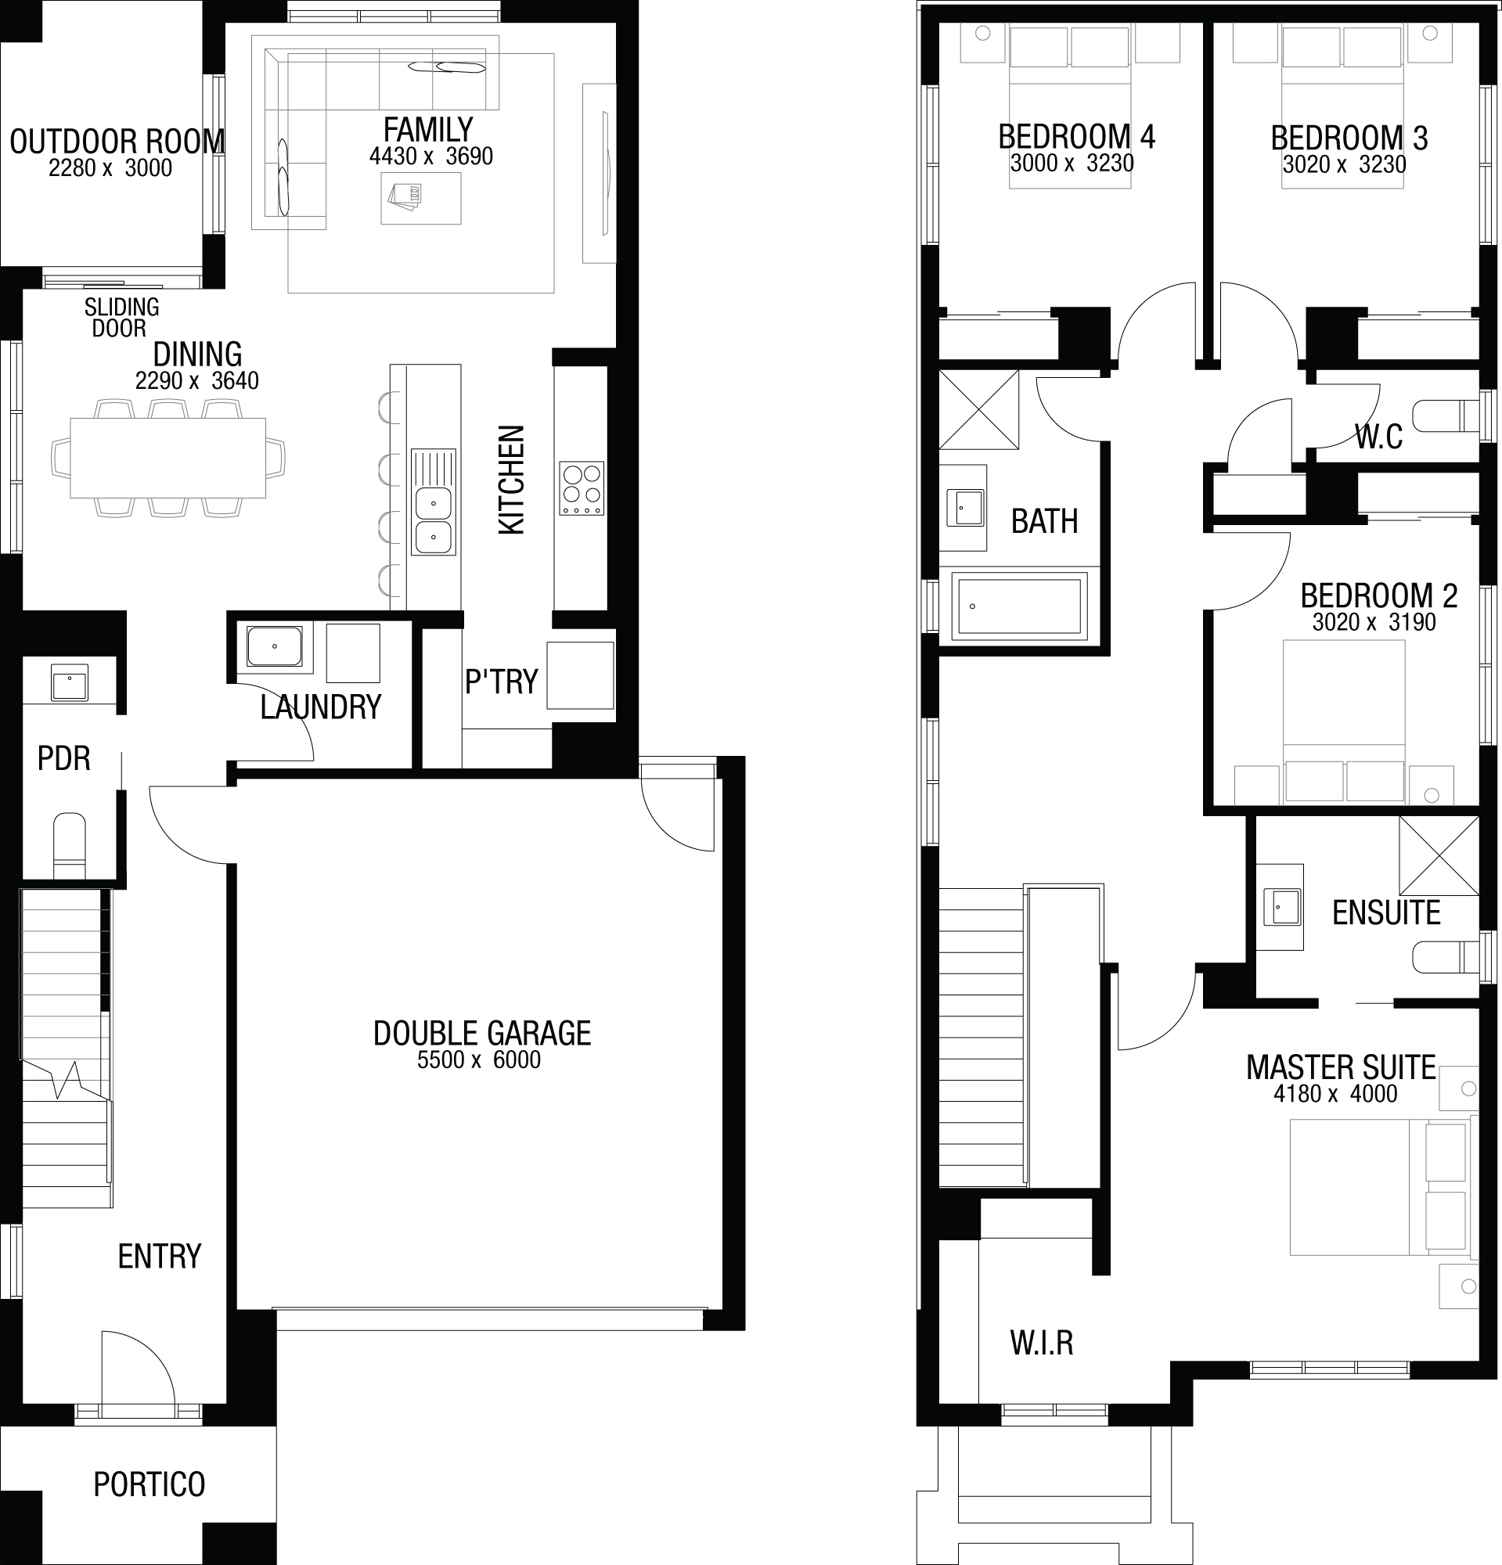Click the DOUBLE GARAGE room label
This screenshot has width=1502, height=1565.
coord(481,1033)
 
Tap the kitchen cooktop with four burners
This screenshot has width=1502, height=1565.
coord(582,487)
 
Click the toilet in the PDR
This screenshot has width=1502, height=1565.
coord(69,846)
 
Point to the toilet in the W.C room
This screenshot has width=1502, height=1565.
coord(1446,416)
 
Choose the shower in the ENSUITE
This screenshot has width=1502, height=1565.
coord(1439,855)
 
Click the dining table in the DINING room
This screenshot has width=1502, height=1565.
coord(168,458)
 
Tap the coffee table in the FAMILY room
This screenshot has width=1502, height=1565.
coord(421,198)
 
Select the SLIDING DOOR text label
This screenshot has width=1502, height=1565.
coord(121,317)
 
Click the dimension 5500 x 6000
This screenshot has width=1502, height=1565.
coord(479,1060)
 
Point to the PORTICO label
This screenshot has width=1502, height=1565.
coord(149,1484)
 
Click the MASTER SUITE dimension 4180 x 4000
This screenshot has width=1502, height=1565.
coord(1335,1094)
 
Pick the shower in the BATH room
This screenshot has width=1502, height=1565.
coord(979,409)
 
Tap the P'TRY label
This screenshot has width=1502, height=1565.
coord(502,682)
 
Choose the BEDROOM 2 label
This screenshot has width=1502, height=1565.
coord(1379,595)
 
